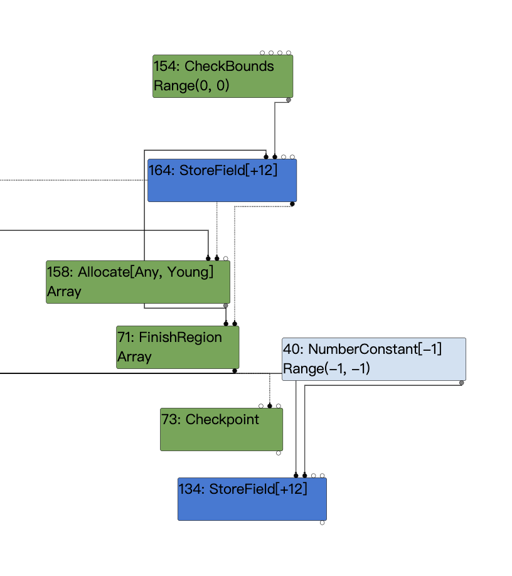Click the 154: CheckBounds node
[x=223, y=76]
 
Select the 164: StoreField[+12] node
[x=222, y=180]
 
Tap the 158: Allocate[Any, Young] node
[x=138, y=282]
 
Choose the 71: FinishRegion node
[x=178, y=347]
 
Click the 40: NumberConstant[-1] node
[x=374, y=359]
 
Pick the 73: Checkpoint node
[x=221, y=429]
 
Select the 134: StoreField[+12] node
[x=252, y=499]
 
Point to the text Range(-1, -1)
[x=326, y=369]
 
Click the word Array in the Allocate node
[x=64, y=292]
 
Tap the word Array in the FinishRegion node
[x=134, y=357]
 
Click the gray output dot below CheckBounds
[x=289, y=100]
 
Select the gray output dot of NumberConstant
[x=462, y=382]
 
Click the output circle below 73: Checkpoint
[x=279, y=452]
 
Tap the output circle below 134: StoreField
[x=323, y=522]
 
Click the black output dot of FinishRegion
[x=235, y=370]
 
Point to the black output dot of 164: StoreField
[x=292, y=203]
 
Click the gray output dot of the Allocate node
[x=226, y=306]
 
